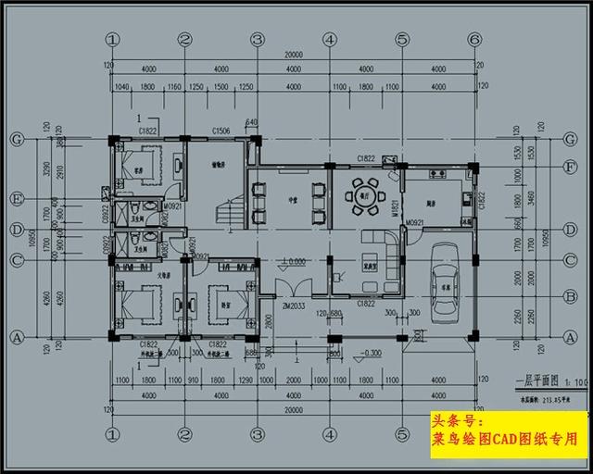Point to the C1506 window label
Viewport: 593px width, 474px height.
(221, 132)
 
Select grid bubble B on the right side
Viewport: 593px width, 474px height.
(571, 297)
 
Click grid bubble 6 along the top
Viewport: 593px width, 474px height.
(474, 39)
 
